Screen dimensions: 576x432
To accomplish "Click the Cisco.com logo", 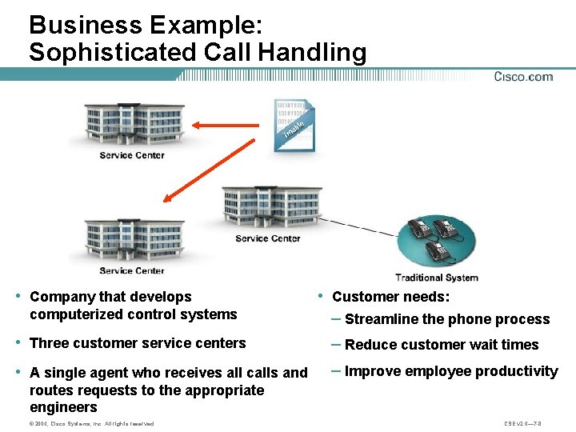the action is pyautogui.click(x=523, y=77).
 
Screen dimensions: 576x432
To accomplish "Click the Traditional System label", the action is pyautogui.click(x=436, y=278).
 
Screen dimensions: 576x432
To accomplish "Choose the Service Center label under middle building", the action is pyautogui.click(x=268, y=238).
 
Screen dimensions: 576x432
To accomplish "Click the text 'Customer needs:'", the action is pyautogui.click(x=390, y=297).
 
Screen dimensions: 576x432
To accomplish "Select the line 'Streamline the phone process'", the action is pyautogui.click(x=446, y=319).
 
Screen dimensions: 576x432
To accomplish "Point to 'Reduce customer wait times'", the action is pyautogui.click(x=442, y=345).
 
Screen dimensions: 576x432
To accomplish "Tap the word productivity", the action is pyautogui.click(x=513, y=371).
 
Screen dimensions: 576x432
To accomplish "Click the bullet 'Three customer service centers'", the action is pyautogui.click(x=138, y=343).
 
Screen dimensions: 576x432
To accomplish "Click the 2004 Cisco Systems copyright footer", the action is pyautogui.click(x=90, y=423).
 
